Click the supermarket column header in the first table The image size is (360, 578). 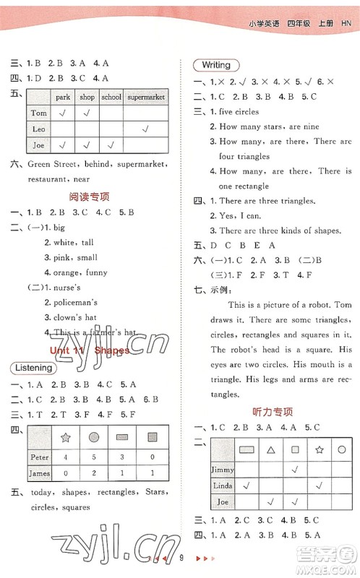pos(145,97)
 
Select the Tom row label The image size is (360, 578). pos(39,113)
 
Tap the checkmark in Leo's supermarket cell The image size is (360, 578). pos(145,129)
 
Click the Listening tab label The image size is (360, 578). pos(34,368)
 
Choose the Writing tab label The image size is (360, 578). pos(216,65)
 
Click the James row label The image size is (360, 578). pos(40,473)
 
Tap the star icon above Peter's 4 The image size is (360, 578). pos(66,437)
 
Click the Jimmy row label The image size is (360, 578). pos(223,469)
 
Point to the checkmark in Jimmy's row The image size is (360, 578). pos(295,469)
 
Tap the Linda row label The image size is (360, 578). pos(223,486)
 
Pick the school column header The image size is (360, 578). pos(111,97)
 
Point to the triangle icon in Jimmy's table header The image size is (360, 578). pos(271,449)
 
